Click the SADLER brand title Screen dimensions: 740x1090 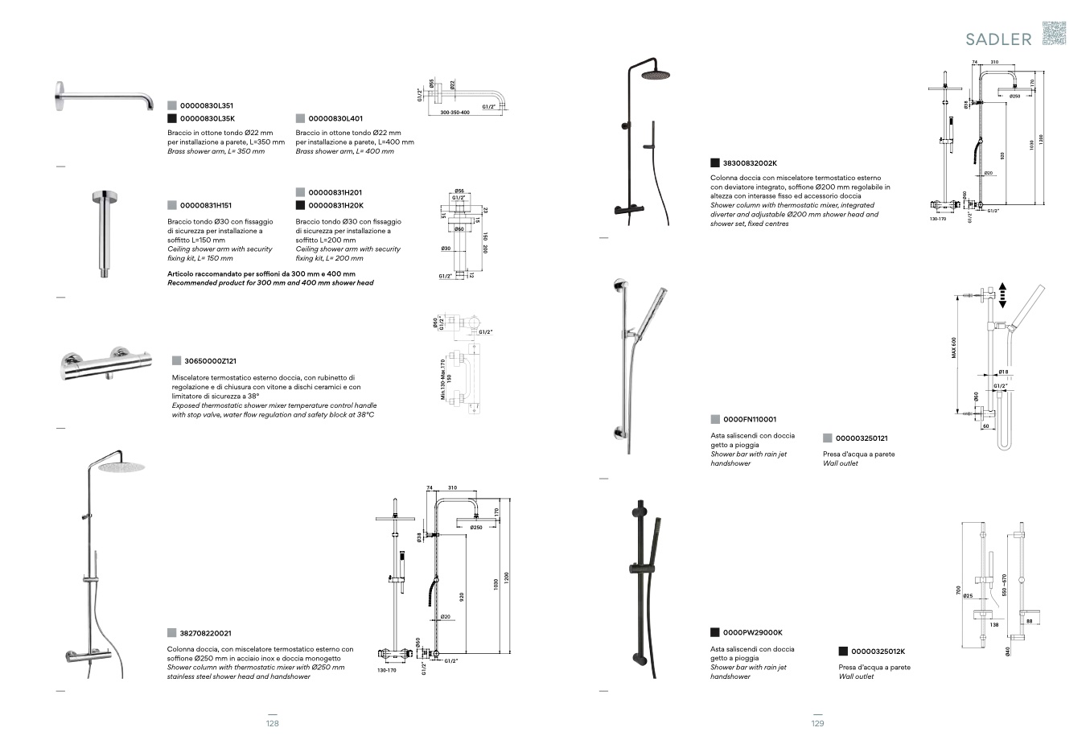[x=998, y=39]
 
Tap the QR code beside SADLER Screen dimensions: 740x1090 [x=1054, y=34]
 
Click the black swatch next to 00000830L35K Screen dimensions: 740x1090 [x=171, y=118]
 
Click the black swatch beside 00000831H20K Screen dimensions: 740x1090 [x=300, y=206]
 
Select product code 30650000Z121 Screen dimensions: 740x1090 [x=210, y=361]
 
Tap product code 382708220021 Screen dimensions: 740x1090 [x=205, y=633]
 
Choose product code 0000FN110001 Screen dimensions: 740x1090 [x=750, y=419]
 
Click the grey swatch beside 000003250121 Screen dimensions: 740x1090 [x=827, y=438]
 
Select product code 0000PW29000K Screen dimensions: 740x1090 [x=752, y=632]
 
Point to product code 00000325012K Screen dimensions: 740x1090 [x=878, y=652]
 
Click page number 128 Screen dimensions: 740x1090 [x=272, y=724]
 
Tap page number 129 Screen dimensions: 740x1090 [x=817, y=724]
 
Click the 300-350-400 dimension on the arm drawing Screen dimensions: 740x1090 [x=455, y=113]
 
